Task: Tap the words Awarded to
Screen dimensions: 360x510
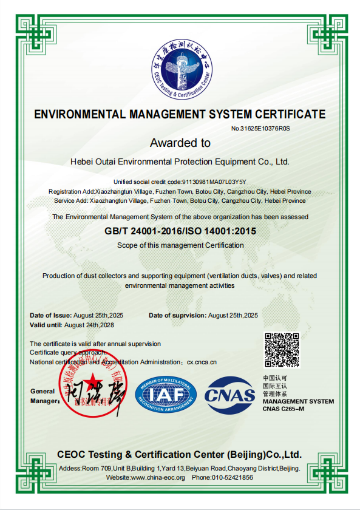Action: [180, 143]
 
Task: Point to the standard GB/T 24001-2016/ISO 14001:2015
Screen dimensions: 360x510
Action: [180, 231]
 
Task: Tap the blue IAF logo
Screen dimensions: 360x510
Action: [166, 395]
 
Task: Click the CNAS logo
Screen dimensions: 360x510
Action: [230, 395]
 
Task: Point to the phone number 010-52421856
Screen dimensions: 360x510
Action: [231, 477]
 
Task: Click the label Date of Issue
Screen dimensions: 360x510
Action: [50, 315]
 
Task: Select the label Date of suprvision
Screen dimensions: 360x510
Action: [177, 315]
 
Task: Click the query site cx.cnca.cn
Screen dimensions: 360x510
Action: [202, 362]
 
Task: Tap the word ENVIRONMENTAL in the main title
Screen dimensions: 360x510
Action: [78, 114]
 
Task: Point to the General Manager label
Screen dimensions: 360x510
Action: [43, 396]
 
